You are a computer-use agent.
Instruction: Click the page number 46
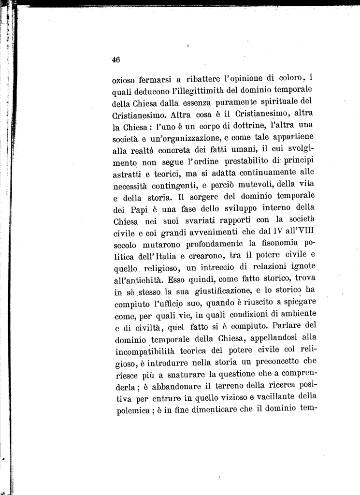[116, 60]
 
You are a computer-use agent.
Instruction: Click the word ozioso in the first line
[123, 79]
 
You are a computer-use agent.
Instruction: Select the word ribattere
[205, 79]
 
